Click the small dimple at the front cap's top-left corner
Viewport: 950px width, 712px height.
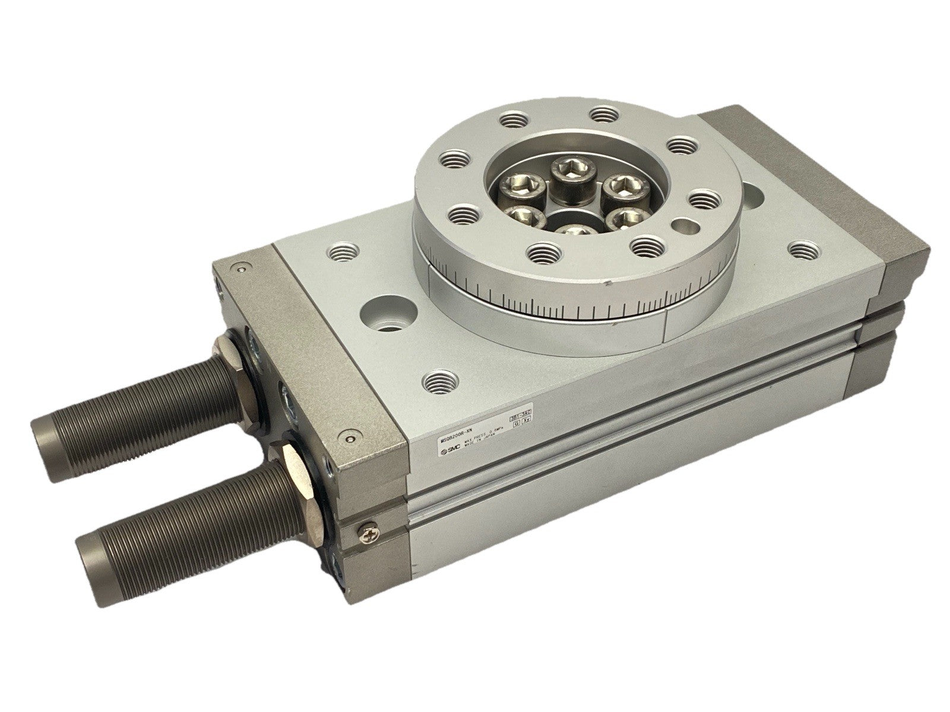[240, 271]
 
